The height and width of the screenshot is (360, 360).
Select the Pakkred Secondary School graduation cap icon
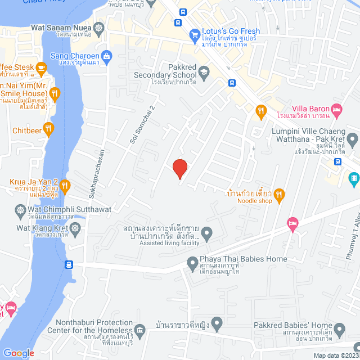click(x=204, y=71)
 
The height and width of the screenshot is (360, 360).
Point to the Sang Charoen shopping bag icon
click(x=106, y=56)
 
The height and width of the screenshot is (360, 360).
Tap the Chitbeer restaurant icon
click(x=49, y=128)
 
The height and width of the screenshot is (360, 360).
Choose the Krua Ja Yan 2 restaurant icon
click(x=65, y=185)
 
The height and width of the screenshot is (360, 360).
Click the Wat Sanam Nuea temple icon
click(x=99, y=28)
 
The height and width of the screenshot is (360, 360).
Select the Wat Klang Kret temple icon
click(x=76, y=228)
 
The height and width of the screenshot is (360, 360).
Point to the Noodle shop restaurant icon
click(x=280, y=195)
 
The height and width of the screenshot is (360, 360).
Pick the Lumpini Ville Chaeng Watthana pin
click(x=352, y=138)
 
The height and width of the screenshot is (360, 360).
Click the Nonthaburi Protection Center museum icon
click(x=141, y=328)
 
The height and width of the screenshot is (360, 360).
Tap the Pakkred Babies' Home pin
click(x=339, y=328)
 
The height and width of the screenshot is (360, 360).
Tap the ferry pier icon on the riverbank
click(x=69, y=264)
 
